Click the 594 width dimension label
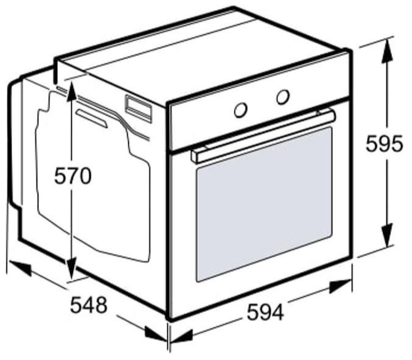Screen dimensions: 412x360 pos(265,312)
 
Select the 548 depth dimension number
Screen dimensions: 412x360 pos(89,305)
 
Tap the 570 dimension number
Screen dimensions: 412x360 pos(73,176)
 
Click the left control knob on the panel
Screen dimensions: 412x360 pos(240,110)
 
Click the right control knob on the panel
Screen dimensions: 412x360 pos(283,96)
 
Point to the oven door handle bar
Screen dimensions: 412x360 pos(264,136)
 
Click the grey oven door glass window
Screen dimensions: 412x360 pos(264,205)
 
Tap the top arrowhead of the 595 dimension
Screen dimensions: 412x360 pos(387,50)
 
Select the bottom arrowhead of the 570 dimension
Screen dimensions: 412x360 pos(71,269)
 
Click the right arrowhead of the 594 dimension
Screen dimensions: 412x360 pos(340,286)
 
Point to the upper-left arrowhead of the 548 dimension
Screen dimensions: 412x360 pos(20,267)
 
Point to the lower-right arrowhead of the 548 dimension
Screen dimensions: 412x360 pos(156,334)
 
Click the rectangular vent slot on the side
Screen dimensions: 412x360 pos(139,108)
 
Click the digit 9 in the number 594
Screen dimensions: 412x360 pos(265,312)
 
